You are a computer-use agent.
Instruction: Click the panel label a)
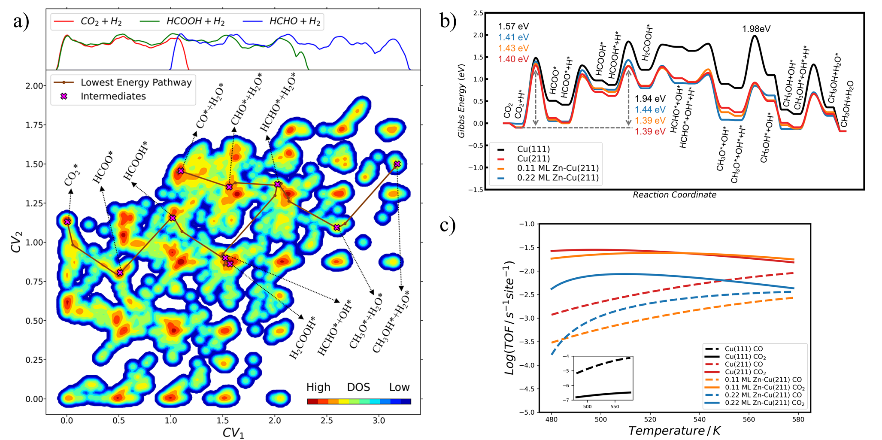point(20,20)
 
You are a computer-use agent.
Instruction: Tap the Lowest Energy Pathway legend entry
point(136,82)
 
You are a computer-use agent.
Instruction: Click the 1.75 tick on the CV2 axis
point(33,125)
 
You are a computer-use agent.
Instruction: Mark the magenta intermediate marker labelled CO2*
point(67,222)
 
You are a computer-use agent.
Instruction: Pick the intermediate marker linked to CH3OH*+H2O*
point(397,164)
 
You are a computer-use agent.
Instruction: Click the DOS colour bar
point(359,401)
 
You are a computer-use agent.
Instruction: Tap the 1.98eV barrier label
point(756,29)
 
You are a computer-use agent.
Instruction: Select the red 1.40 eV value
point(513,59)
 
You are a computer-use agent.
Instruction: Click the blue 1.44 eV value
point(650,110)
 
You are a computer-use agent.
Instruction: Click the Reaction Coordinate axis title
point(674,195)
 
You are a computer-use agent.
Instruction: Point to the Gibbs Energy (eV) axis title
point(461,101)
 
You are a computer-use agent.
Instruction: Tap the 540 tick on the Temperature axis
point(700,419)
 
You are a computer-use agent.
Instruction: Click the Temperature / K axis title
point(674,431)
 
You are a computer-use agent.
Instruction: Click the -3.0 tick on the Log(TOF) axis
point(528,318)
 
